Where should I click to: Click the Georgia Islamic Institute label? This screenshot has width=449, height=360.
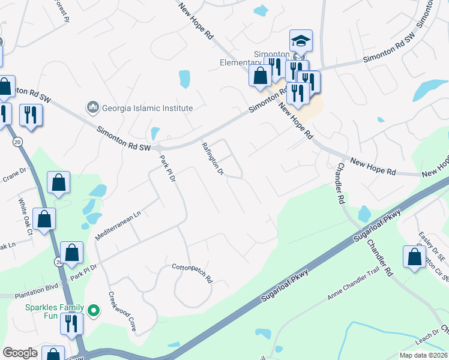[x=147, y=108]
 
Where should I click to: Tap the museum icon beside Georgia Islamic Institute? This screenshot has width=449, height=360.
[x=92, y=107]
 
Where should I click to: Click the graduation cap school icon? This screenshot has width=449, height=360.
[x=301, y=41]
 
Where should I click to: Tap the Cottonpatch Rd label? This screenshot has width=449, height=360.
[x=192, y=273]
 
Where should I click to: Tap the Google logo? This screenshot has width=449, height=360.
[x=20, y=353]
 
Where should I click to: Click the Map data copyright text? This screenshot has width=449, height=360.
[x=423, y=355]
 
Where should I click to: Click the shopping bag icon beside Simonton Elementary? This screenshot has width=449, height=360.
[x=260, y=76]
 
